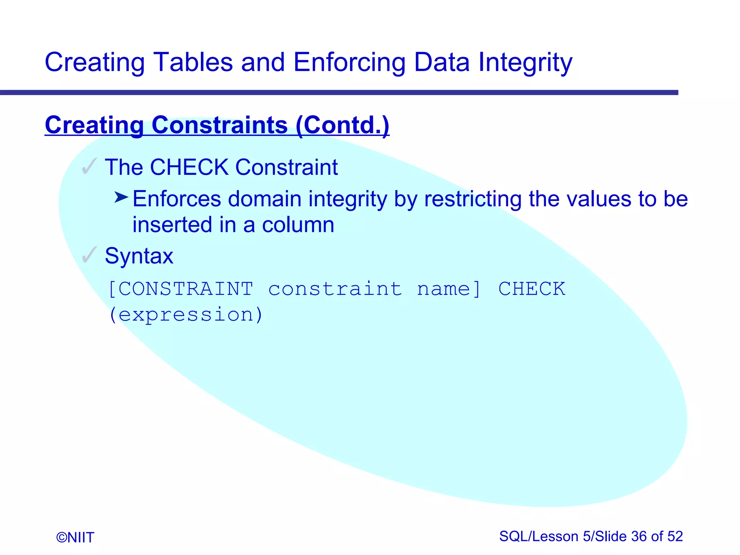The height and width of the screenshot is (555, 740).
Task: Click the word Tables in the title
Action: pyautogui.click(x=193, y=62)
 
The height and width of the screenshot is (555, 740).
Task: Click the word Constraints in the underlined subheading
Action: pyautogui.click(x=220, y=125)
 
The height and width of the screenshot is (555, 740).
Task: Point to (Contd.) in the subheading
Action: pyautogui.click(x=342, y=125)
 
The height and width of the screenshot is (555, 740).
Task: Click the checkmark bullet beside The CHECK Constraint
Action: pyautogui.click(x=89, y=167)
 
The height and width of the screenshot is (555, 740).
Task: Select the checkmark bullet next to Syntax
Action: pyautogui.click(x=89, y=255)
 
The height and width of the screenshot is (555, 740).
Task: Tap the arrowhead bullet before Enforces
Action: pyautogui.click(x=121, y=198)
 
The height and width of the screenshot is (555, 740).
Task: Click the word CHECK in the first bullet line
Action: pyautogui.click(x=189, y=167)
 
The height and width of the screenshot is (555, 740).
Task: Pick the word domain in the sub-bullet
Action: pyautogui.click(x=264, y=199)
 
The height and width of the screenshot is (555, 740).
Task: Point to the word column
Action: pyautogui.click(x=298, y=225)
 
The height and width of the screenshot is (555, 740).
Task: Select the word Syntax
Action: pyautogui.click(x=139, y=256)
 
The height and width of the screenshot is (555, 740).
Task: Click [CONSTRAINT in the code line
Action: pyautogui.click(x=181, y=289)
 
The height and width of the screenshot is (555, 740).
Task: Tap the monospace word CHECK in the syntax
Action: pyautogui.click(x=532, y=289)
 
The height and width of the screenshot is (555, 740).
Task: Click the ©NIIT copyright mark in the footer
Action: pyautogui.click(x=75, y=537)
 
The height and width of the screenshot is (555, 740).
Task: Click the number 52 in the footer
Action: pyautogui.click(x=675, y=537)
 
